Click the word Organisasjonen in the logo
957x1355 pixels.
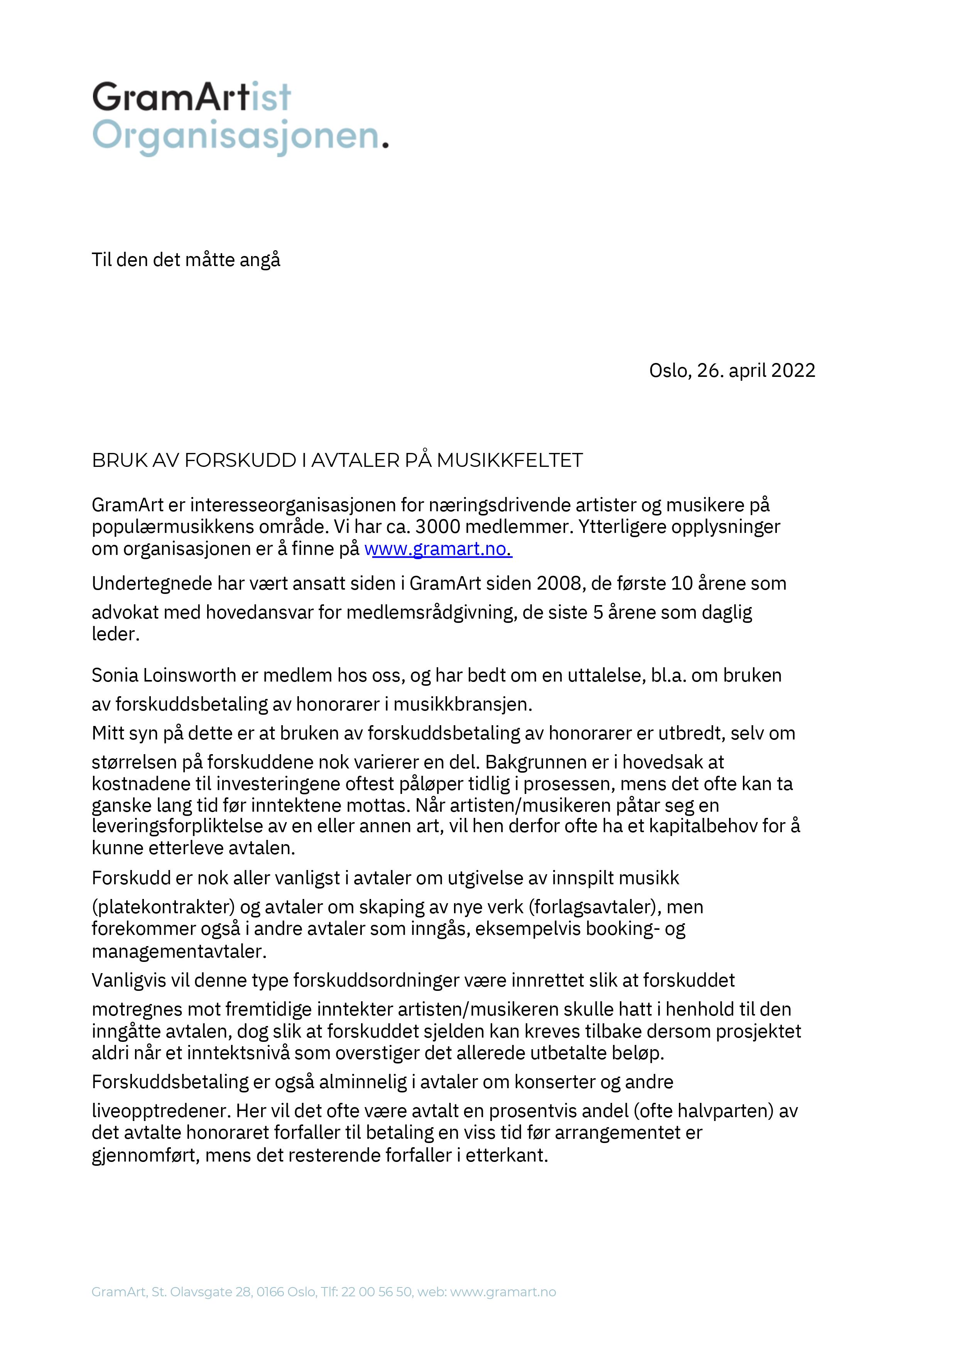[x=236, y=137]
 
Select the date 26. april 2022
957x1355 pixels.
[x=756, y=371]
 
